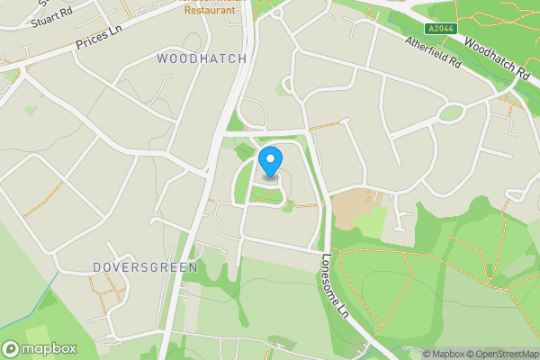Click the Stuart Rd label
(x=51, y=15)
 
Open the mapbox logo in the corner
(x=39, y=348)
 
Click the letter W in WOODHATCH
(x=163, y=58)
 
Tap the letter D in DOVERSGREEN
(x=97, y=268)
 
